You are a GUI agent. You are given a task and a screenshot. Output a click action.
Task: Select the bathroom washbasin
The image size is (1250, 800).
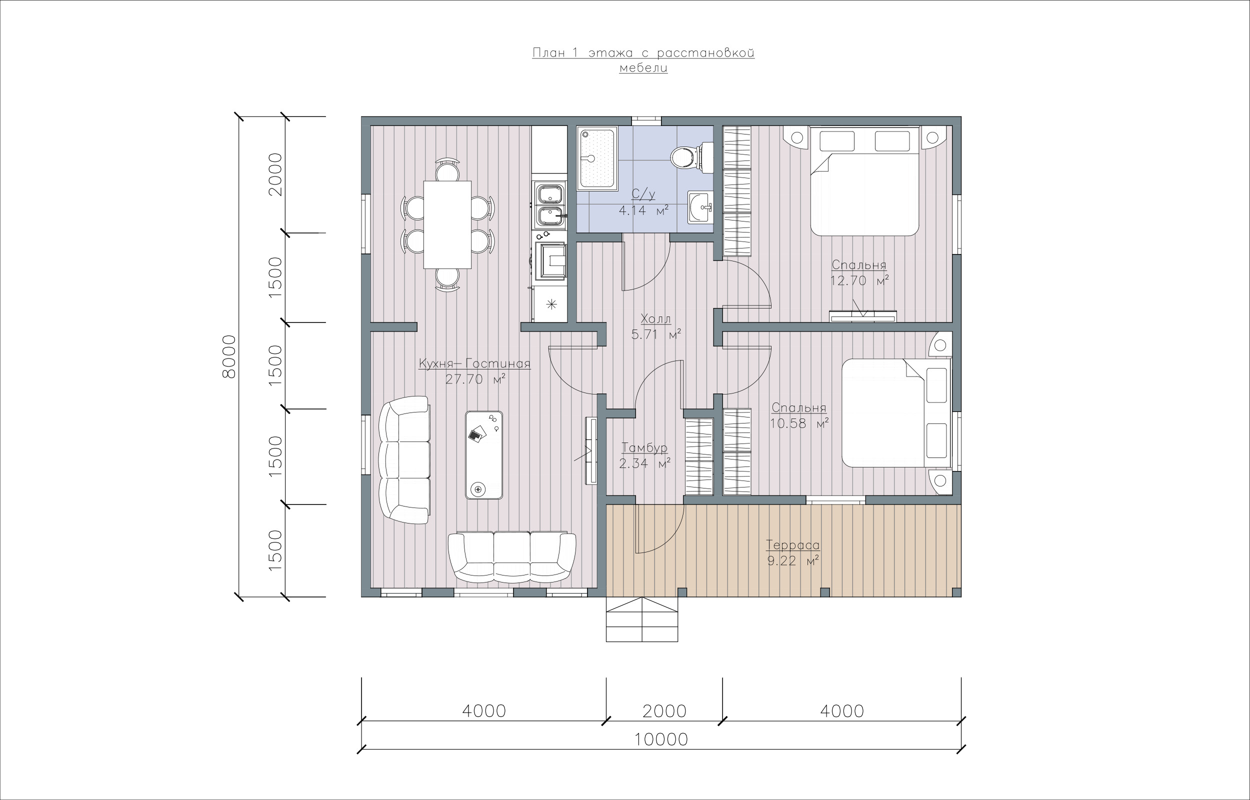(x=700, y=207)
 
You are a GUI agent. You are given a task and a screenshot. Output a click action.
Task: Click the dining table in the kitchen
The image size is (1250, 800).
(x=447, y=224)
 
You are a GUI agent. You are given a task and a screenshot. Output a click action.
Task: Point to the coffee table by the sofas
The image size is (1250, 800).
(x=484, y=455)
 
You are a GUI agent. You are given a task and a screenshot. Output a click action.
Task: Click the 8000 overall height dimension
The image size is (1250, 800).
(x=229, y=356)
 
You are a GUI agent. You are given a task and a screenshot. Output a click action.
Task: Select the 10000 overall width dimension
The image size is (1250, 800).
(x=661, y=739)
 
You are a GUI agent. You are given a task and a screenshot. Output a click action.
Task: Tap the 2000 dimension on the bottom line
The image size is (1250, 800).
(x=664, y=711)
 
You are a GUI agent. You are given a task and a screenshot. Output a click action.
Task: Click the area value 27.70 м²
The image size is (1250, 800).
(x=475, y=379)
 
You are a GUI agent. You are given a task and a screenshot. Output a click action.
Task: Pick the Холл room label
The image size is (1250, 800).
(x=656, y=319)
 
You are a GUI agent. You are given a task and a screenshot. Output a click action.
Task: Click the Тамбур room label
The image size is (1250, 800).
(x=644, y=448)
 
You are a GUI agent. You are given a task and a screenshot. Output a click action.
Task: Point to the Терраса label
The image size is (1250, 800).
(x=793, y=545)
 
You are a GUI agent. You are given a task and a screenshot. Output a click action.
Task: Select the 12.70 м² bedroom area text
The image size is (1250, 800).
(x=859, y=281)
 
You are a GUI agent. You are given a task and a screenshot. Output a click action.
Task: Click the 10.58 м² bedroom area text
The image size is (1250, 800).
(x=798, y=423)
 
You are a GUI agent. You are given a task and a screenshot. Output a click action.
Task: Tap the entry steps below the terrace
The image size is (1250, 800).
(x=642, y=619)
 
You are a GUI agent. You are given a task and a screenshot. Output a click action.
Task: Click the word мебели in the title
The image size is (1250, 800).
(x=643, y=68)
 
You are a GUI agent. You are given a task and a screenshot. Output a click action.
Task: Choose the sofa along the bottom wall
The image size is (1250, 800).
(x=511, y=557)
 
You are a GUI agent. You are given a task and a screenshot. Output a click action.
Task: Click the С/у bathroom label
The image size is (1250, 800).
(x=643, y=194)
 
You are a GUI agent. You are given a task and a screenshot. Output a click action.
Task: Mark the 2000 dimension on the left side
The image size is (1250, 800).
(x=274, y=174)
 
